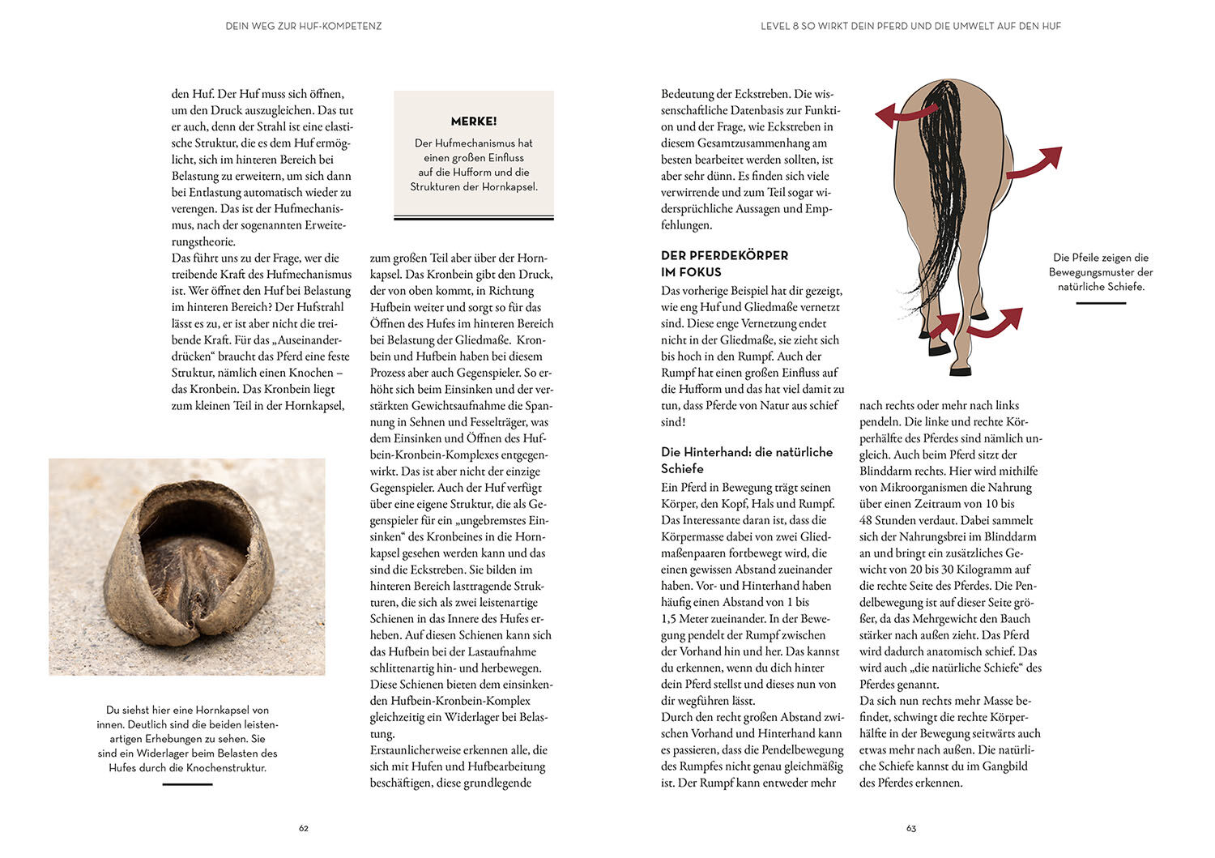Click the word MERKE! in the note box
(474, 122)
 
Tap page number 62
(304, 828)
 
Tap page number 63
(911, 828)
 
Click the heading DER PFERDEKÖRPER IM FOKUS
(724, 263)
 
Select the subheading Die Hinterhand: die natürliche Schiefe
(746, 460)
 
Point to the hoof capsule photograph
(187, 566)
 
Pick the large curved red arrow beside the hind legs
(995, 322)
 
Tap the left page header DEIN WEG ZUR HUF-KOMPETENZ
(304, 26)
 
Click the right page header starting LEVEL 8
(910, 26)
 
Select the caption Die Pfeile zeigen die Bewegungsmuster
(1101, 272)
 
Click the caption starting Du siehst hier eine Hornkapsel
(187, 738)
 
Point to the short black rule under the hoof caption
(187, 784)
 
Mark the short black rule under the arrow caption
(1101, 303)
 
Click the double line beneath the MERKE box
(474, 218)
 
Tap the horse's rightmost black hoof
(961, 372)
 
